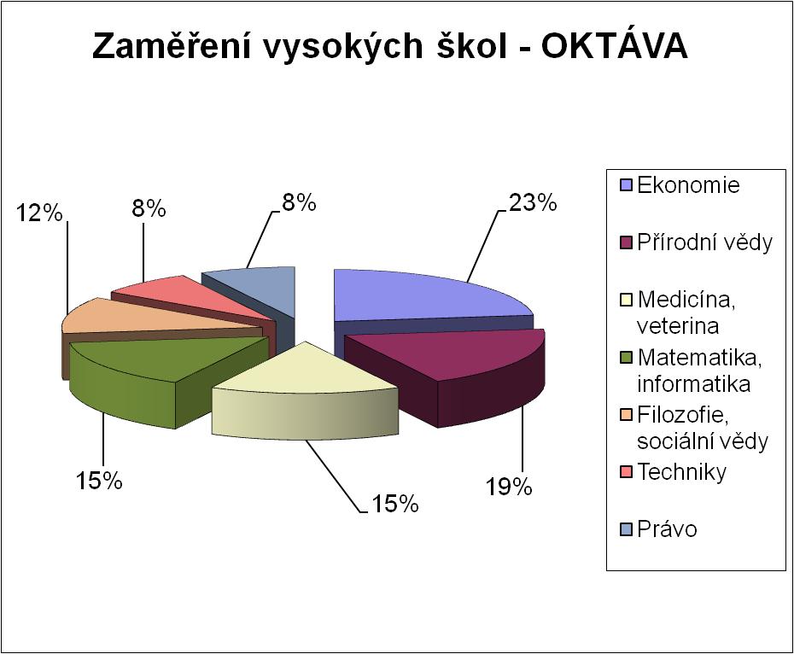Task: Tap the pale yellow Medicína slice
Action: coord(304,390)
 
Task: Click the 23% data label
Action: coord(533,203)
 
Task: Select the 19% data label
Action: coord(509,487)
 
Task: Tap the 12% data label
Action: coord(39,213)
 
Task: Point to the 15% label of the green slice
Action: coord(99,480)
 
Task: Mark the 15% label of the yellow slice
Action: coord(395,504)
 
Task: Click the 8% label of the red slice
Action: coord(149,208)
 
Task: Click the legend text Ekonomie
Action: coord(688,185)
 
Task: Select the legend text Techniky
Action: coord(681,472)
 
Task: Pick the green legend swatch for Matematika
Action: coord(627,358)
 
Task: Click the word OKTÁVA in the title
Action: coord(614,47)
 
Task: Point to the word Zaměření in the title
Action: coord(171,47)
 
